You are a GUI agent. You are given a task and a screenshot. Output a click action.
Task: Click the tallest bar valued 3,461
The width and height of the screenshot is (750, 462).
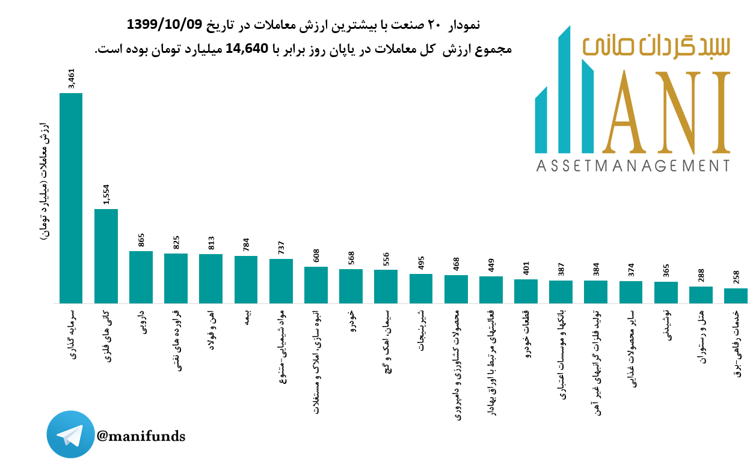(71, 198)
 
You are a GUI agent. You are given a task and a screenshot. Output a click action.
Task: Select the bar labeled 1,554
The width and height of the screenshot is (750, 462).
(106, 256)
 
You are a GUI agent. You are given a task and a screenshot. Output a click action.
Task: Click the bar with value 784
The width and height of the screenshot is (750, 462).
(246, 279)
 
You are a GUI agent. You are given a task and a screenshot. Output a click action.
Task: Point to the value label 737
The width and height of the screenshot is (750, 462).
(281, 248)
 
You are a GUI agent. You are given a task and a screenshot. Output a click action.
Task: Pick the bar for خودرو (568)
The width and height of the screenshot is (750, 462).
(351, 286)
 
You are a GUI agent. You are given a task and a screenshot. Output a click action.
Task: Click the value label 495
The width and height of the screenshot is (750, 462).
(421, 263)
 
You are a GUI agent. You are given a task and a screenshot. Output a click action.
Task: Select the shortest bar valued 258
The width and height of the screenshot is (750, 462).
(736, 296)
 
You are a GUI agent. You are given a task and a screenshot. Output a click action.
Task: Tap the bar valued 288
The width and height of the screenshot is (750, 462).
(701, 294)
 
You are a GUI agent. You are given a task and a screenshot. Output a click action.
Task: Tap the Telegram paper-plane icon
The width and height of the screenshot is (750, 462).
(71, 435)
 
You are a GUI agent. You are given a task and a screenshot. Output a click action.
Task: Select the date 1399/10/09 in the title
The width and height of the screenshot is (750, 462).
(164, 25)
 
